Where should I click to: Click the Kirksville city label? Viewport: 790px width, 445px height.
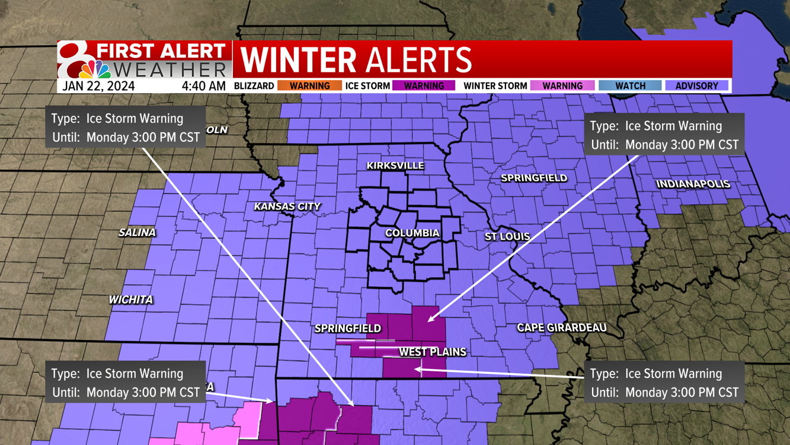point(395,166)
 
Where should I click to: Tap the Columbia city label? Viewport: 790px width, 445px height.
point(412,233)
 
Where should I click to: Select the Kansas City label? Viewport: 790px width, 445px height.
point(287,206)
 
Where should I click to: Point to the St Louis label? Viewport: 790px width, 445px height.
point(507,237)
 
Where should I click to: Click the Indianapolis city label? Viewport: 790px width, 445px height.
point(693,184)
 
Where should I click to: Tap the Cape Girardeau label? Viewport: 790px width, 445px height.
point(561,328)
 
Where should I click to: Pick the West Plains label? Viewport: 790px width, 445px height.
point(432,352)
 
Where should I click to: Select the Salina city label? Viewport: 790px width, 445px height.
point(137,233)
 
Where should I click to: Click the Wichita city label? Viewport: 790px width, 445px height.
point(131,300)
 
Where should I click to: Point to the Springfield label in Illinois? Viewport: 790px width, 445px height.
point(534,178)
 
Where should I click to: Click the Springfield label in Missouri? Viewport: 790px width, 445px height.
point(348,328)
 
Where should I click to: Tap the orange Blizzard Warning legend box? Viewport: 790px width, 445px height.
point(309,86)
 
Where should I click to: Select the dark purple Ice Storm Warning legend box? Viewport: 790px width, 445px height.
point(424,86)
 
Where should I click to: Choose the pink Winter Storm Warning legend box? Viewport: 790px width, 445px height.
point(562,86)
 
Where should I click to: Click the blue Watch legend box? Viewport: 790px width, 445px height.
point(630,86)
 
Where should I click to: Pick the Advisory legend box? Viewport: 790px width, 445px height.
point(696,86)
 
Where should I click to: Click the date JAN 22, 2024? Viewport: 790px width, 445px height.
point(98,86)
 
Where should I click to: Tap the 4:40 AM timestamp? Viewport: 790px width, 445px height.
point(203,86)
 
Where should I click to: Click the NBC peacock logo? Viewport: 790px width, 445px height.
point(95,69)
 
